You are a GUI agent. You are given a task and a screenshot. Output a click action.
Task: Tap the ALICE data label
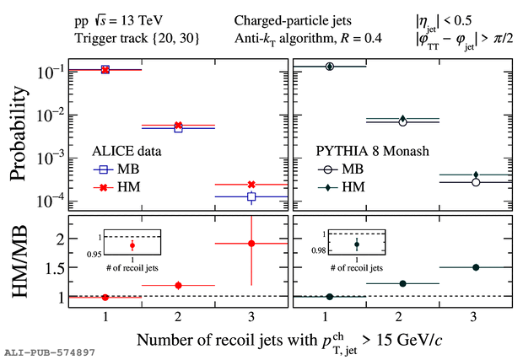point(127,152)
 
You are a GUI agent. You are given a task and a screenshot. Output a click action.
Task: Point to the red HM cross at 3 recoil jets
point(251,184)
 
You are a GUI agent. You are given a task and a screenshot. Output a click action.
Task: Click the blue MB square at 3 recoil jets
point(251,196)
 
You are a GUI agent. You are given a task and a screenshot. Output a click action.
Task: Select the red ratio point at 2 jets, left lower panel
point(178,285)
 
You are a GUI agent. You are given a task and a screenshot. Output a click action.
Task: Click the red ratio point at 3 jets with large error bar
point(251,243)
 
